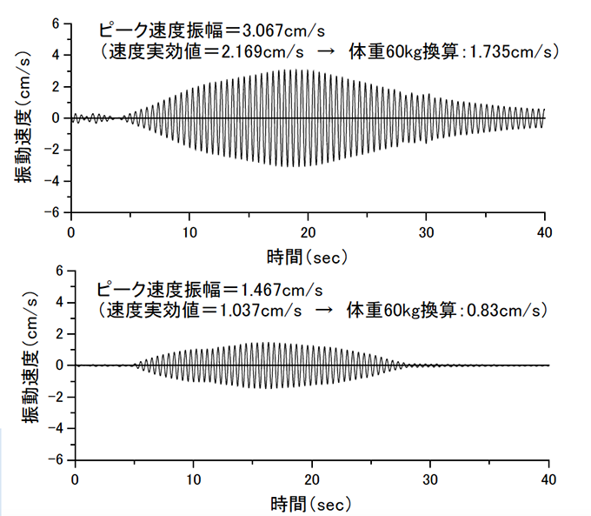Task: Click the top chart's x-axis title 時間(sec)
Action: point(307,256)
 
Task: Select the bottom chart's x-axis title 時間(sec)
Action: point(311,503)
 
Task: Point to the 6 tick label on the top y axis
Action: point(55,23)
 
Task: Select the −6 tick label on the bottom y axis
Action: point(56,459)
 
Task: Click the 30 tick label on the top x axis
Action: point(426,232)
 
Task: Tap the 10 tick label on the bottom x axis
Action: point(194,479)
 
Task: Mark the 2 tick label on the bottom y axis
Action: point(60,334)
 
